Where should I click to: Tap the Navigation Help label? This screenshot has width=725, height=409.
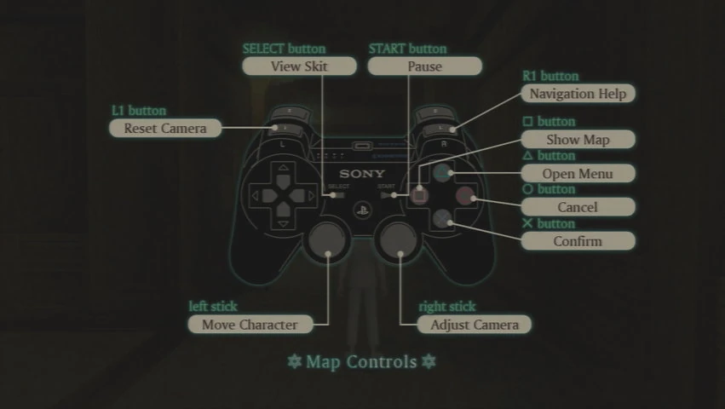(x=578, y=94)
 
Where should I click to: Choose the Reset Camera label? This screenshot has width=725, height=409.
(x=165, y=128)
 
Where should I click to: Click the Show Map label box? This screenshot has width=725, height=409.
(x=578, y=139)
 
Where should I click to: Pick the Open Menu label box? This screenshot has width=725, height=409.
(x=578, y=173)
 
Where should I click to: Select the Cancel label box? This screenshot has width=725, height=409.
(x=578, y=207)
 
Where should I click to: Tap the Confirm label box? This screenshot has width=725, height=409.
(x=578, y=241)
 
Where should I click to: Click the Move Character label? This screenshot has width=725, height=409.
(x=250, y=325)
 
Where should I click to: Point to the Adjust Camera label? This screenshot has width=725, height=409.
(x=474, y=325)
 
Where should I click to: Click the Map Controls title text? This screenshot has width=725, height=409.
(x=362, y=362)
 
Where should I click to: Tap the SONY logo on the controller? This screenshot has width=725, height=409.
(x=363, y=175)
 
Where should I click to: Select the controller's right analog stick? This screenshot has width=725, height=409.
(x=400, y=242)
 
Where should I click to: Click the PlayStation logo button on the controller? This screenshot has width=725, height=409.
(x=363, y=207)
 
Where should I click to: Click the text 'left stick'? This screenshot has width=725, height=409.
(x=213, y=307)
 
